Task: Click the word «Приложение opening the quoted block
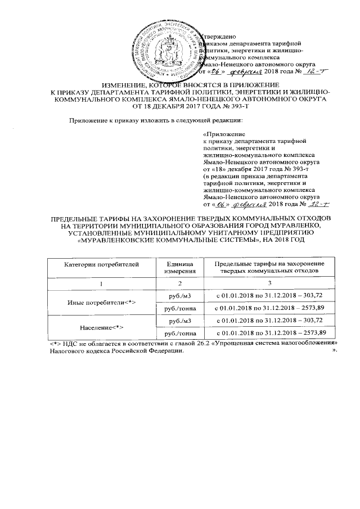pyautogui.click(x=223, y=135)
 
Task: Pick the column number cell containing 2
pyautogui.click(x=179, y=283)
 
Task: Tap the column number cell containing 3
pyautogui.click(x=270, y=283)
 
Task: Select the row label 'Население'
pyautogui.click(x=100, y=327)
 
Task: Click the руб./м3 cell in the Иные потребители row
pyautogui.click(x=179, y=296)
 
